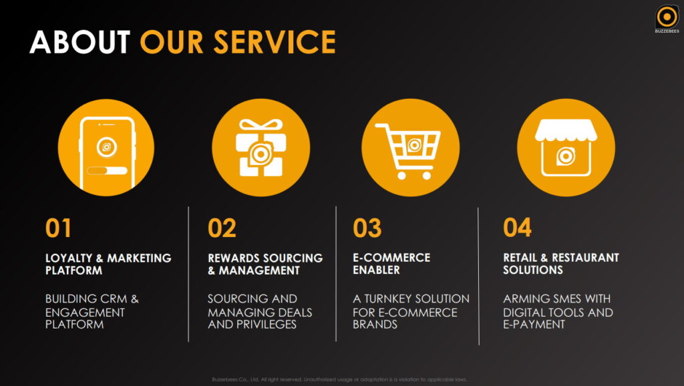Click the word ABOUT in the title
[79, 41]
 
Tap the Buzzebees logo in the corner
[666, 18]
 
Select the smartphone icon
[106, 148]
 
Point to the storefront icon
[565, 148]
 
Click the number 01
[58, 228]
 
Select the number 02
[222, 228]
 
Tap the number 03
[367, 228]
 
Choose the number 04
[517, 228]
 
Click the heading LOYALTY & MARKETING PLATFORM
[108, 264]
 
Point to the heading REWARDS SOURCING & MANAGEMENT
[265, 264]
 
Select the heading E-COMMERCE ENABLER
[391, 264]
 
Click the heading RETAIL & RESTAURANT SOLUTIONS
[560, 264]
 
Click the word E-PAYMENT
[534, 325]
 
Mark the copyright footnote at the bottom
[339, 379]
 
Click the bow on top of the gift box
[261, 126]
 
